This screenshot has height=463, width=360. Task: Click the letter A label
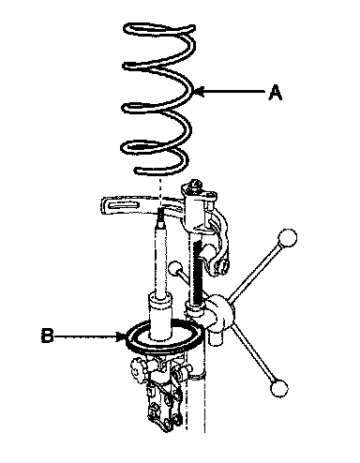click(x=275, y=92)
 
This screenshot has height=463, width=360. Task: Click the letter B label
click(x=47, y=336)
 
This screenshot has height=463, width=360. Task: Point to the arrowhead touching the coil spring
click(x=199, y=92)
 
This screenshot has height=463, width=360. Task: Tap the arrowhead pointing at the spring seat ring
click(x=121, y=336)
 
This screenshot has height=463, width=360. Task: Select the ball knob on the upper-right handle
click(x=287, y=238)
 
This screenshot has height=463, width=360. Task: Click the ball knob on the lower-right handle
click(x=279, y=388)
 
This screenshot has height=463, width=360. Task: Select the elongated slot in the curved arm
click(x=124, y=206)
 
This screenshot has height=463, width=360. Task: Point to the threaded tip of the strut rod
click(x=160, y=215)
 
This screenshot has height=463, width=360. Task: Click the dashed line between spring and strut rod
click(x=160, y=193)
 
